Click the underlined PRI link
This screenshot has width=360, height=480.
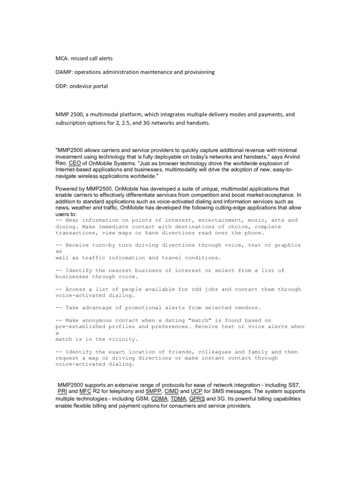click(x=62, y=391)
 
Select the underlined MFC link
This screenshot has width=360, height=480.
click(x=85, y=391)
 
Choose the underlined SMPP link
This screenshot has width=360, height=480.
click(x=153, y=391)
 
